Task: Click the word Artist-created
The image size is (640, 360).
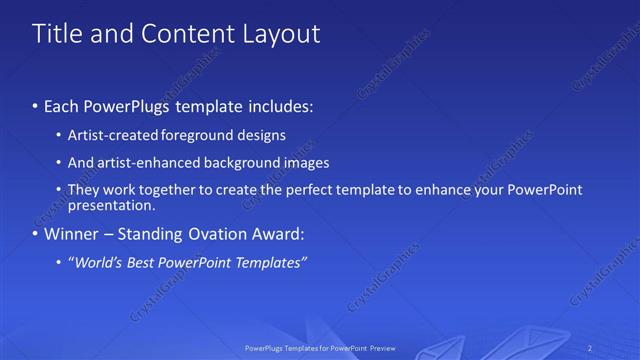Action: (x=108, y=134)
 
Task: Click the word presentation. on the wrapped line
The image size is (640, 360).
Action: (x=112, y=206)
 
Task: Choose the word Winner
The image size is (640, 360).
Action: (x=71, y=235)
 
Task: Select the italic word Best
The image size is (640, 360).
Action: (x=141, y=263)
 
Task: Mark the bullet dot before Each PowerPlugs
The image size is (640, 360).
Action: (x=35, y=106)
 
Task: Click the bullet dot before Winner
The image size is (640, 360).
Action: (x=35, y=236)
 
